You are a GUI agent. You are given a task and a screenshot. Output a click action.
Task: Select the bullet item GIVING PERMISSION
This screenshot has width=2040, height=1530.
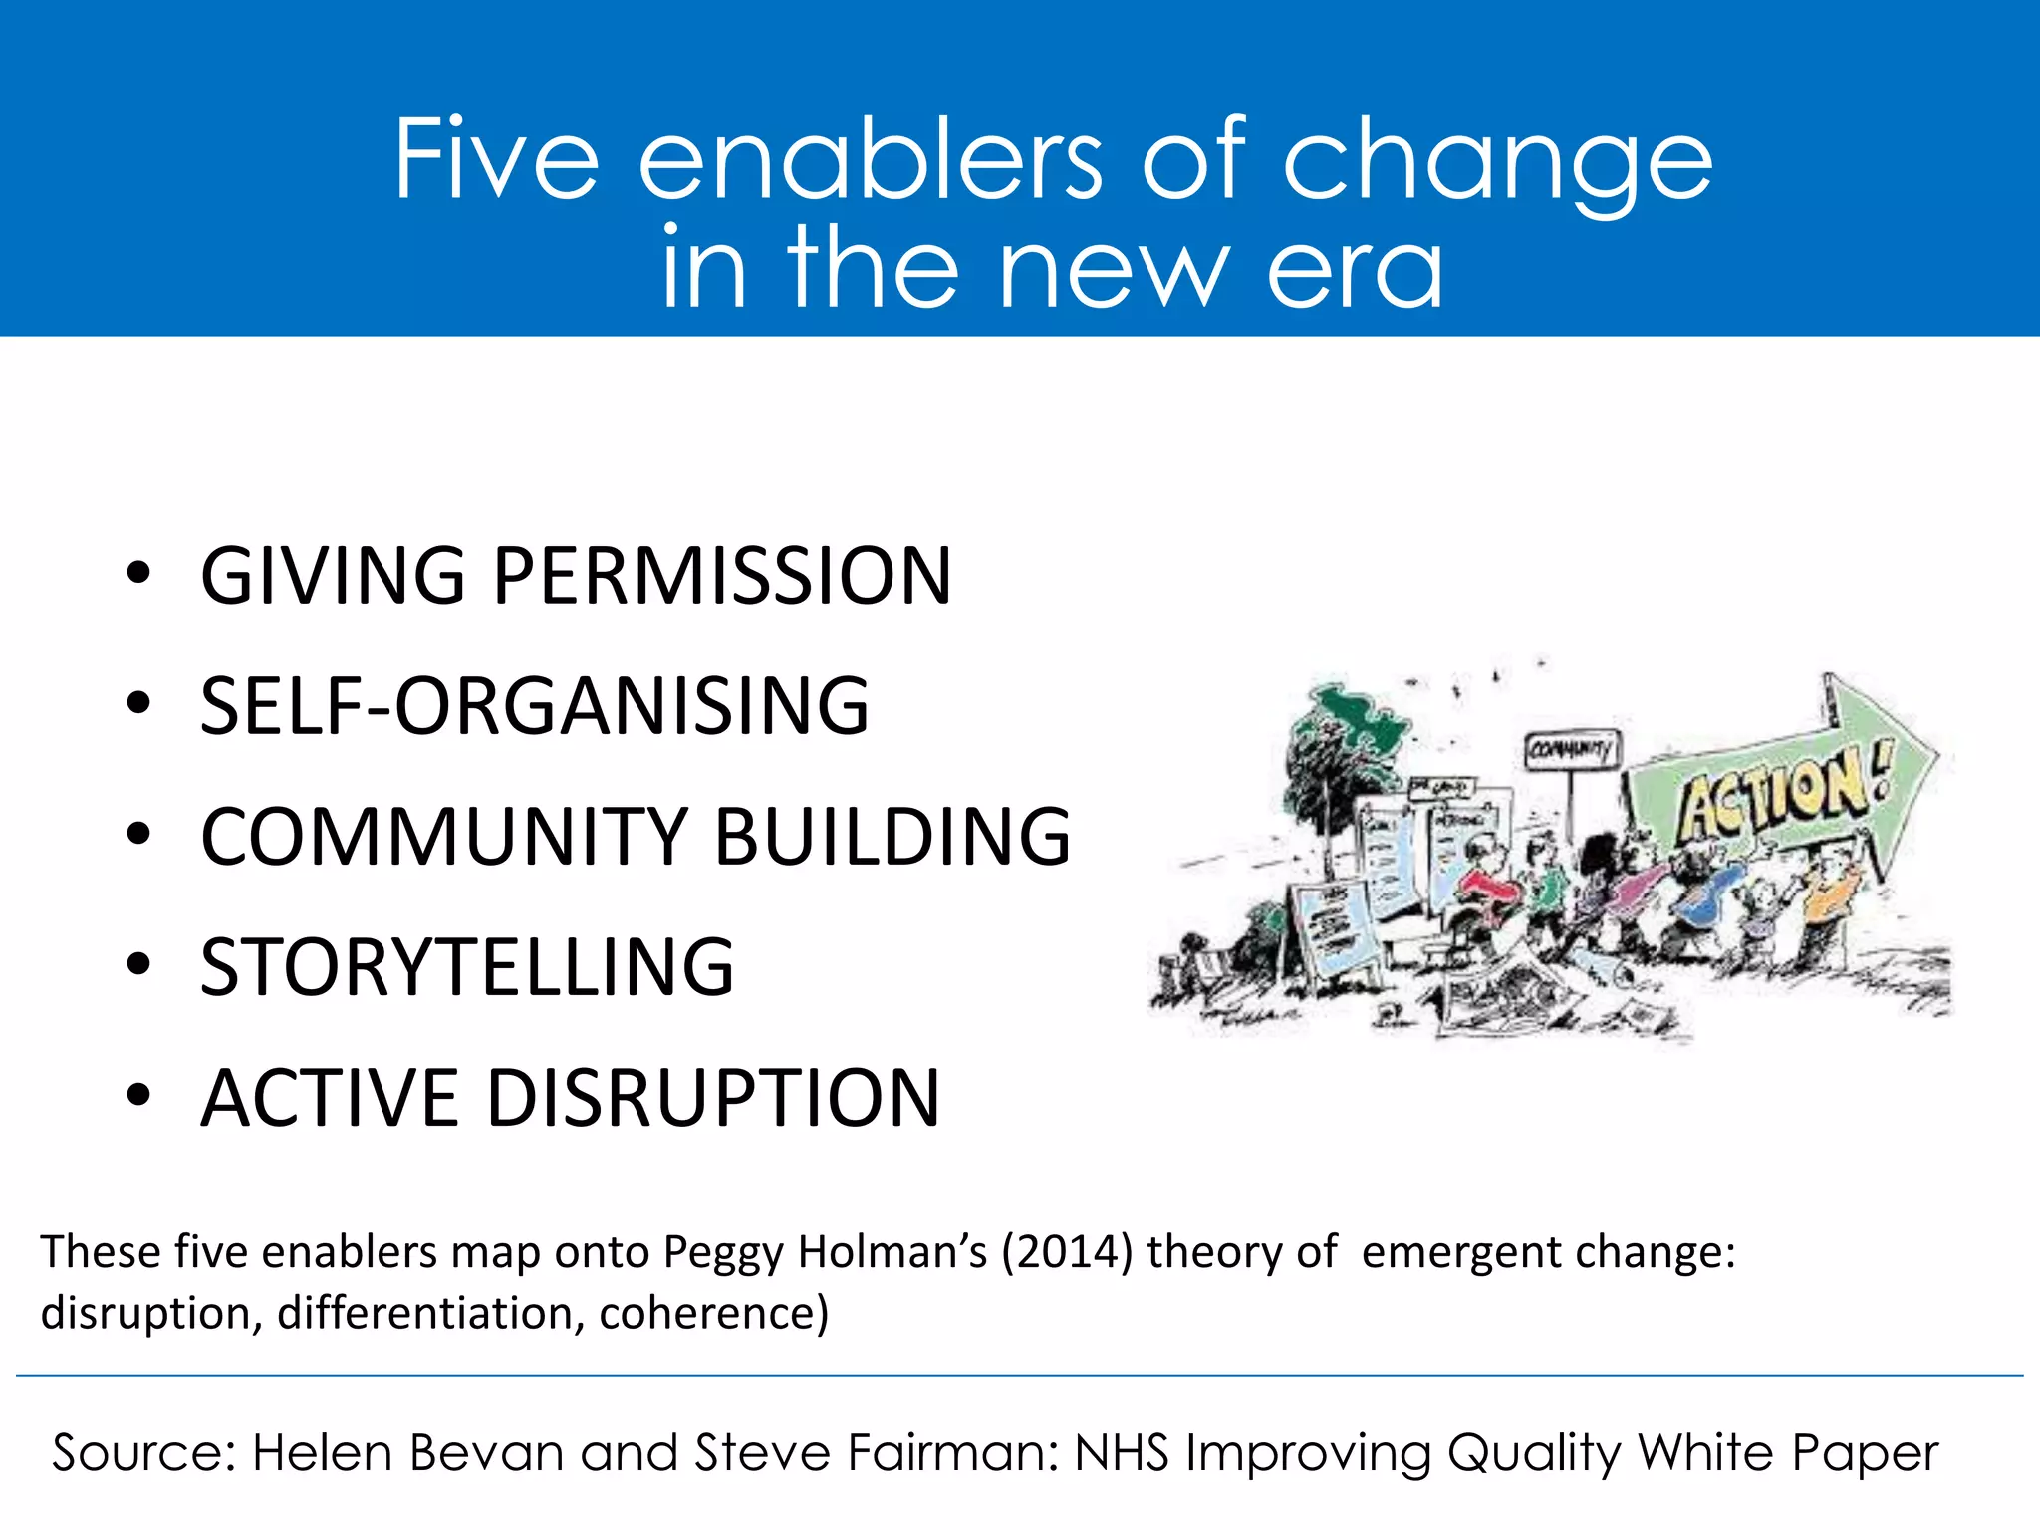coord(576,576)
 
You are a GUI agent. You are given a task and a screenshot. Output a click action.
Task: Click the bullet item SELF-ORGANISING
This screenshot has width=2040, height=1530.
coord(535,706)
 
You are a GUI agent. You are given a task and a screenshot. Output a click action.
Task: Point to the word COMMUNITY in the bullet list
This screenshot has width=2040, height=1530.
coord(444,837)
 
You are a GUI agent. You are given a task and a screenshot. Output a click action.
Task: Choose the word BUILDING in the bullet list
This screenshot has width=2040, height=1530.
coord(892,837)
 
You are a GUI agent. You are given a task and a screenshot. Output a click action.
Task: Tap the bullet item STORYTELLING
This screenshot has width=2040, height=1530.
coord(467,967)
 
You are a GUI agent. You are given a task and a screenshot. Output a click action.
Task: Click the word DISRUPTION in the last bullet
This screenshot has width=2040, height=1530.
coord(713,1098)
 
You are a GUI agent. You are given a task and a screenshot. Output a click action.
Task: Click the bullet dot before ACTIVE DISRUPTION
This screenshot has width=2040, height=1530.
coord(138,1095)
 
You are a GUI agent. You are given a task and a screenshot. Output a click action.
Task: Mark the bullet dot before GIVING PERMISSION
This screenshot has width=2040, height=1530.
coord(138,573)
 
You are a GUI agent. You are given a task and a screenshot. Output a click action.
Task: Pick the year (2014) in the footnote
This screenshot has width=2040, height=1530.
coord(1067,1252)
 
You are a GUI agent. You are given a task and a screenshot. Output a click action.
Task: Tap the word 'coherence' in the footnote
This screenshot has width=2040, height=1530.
coord(713,1314)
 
